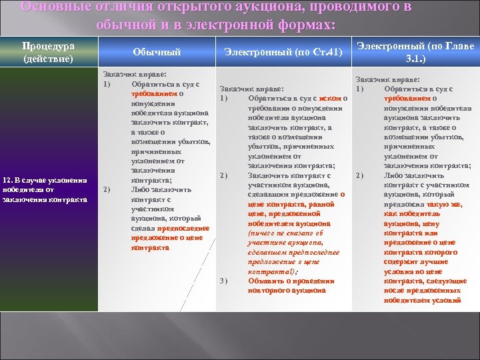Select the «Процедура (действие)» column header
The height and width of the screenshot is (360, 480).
click(x=48, y=52)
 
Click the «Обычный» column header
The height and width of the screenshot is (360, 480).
click(x=157, y=52)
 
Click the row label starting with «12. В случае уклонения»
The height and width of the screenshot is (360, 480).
click(x=45, y=189)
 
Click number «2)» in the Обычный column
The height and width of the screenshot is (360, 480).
click(x=107, y=189)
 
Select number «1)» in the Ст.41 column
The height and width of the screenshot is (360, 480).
click(x=225, y=99)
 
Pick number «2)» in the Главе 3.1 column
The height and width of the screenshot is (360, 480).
click(x=360, y=175)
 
